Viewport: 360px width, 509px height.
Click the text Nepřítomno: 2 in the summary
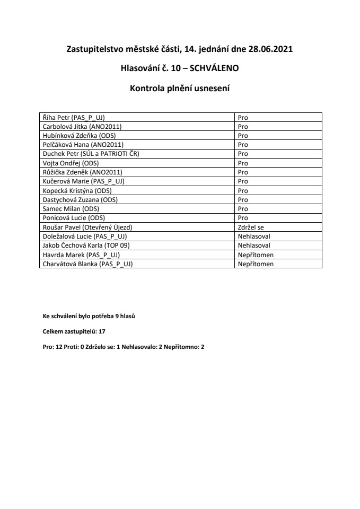coord(185,345)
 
